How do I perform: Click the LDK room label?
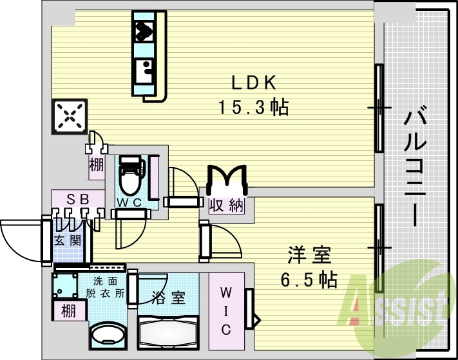(x=254, y=82)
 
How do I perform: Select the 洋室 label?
(x=309, y=256)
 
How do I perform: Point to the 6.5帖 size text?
(x=309, y=280)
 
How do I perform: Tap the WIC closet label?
(x=226, y=311)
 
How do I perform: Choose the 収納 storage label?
(x=227, y=206)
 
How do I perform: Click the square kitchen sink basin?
(x=144, y=68)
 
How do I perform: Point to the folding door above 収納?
(x=226, y=177)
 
